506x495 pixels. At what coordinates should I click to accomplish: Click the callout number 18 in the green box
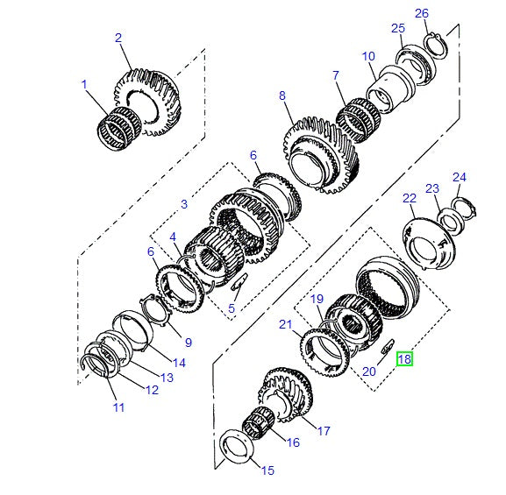pos(404,358)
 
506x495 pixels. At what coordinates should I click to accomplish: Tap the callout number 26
pos(422,13)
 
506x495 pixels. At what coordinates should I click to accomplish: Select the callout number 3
pos(184,204)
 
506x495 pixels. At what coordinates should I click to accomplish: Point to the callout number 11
pos(119,407)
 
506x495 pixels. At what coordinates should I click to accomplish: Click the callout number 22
pos(409,199)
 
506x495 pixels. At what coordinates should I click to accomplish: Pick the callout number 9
pos(188,342)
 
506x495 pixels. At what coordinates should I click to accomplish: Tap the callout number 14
pos(179,362)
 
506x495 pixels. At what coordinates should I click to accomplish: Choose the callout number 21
pos(286,325)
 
